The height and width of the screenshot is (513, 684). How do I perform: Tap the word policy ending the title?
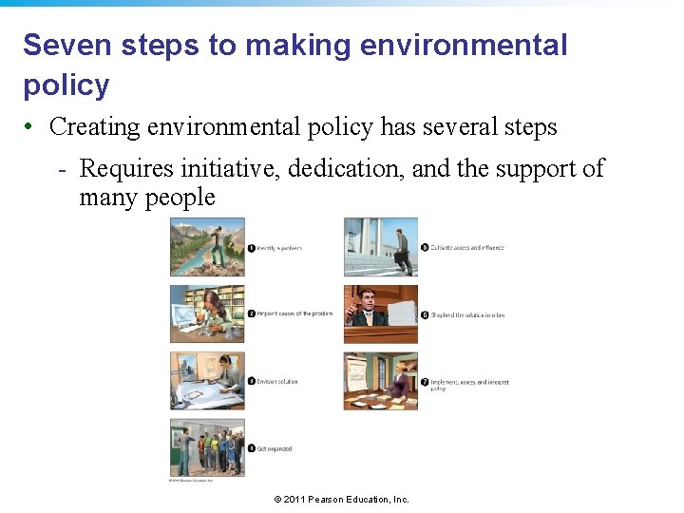pos(66,85)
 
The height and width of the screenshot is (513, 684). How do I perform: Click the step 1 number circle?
pos(252,248)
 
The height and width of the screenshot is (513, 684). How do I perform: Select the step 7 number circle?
pos(424,382)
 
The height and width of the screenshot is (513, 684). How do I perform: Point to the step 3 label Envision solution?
pos(278,382)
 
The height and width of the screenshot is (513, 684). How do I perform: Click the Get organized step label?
pos(275,448)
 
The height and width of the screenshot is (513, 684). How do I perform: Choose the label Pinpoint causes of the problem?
pos(294,313)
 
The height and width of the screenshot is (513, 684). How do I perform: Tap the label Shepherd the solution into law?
pos(468,314)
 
